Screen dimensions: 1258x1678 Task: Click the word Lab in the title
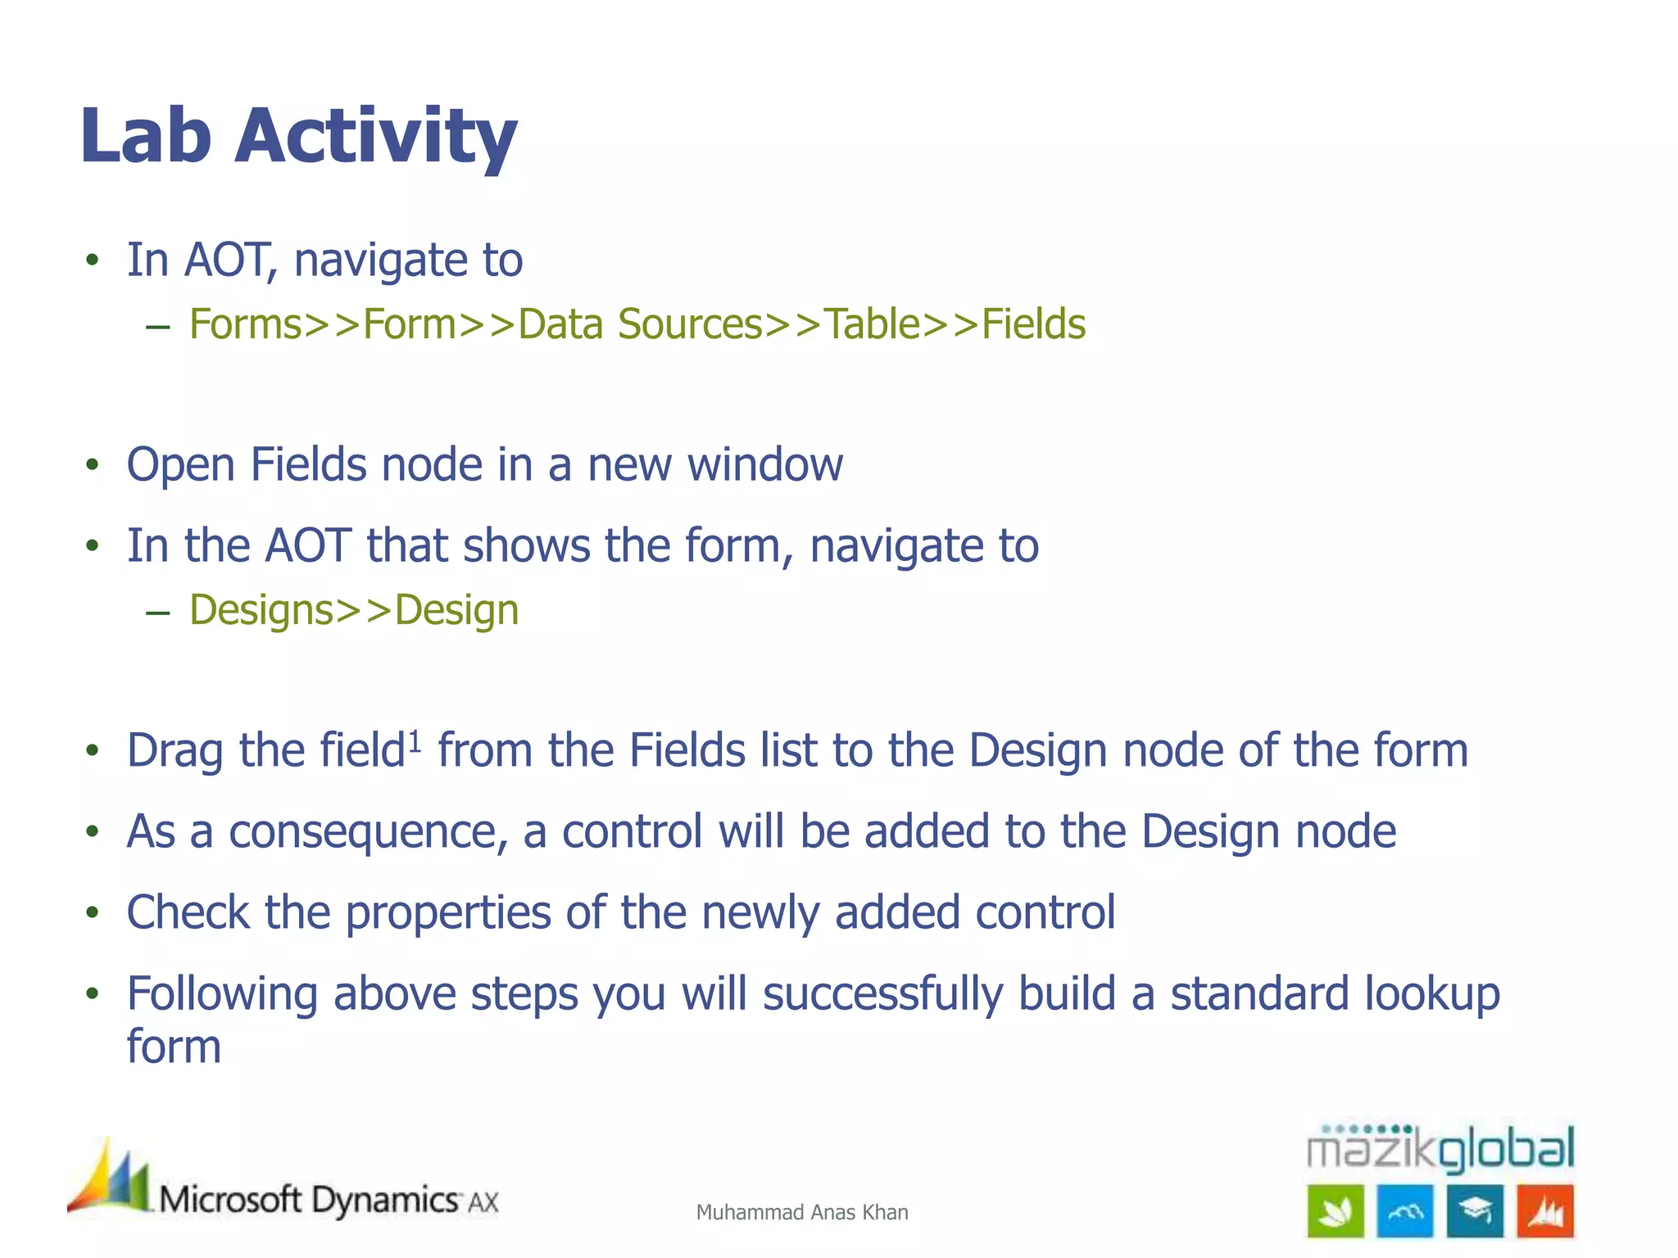[x=146, y=136]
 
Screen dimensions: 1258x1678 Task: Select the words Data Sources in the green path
[x=641, y=324]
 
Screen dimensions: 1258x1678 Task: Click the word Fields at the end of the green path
[x=1033, y=324]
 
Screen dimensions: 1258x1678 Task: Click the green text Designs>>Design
[x=354, y=611]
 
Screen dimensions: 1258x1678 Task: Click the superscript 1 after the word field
[x=415, y=741]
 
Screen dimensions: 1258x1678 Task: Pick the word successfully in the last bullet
[x=882, y=994]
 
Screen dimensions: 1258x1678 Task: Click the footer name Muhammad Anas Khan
[x=801, y=1212]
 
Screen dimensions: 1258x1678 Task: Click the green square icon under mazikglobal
[x=1336, y=1210]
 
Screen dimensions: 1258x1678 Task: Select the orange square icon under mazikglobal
[x=1545, y=1210]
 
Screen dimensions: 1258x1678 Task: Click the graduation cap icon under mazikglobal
[x=1475, y=1210]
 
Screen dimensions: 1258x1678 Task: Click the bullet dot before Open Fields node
[x=93, y=465]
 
